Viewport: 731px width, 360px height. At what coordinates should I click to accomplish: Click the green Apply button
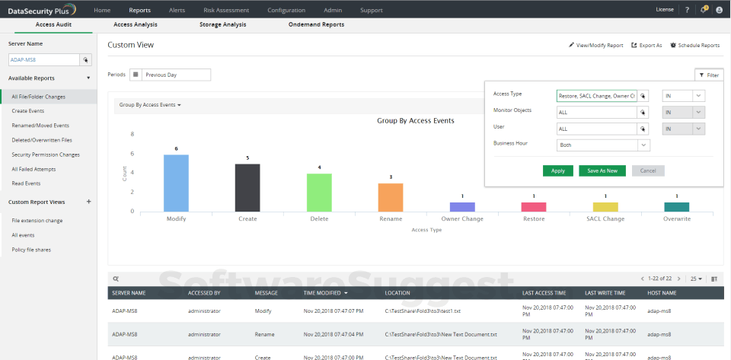click(x=557, y=170)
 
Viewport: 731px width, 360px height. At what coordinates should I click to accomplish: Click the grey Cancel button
click(x=648, y=170)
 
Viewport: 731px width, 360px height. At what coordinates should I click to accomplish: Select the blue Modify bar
click(x=176, y=183)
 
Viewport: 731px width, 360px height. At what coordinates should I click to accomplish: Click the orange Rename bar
click(x=391, y=197)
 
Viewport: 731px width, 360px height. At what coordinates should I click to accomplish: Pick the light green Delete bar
click(x=319, y=192)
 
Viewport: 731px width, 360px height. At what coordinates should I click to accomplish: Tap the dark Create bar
click(x=247, y=187)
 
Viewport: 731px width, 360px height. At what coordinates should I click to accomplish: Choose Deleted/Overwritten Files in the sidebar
click(x=42, y=140)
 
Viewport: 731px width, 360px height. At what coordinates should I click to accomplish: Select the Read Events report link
click(x=26, y=183)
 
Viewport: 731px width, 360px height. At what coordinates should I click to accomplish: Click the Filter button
click(x=708, y=75)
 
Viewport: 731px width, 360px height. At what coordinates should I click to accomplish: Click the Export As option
click(x=646, y=46)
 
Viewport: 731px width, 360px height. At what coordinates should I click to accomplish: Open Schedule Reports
click(x=694, y=46)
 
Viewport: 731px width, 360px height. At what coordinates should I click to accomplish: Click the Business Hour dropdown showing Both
click(x=602, y=145)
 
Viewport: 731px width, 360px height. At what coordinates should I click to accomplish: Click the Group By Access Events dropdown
click(x=150, y=105)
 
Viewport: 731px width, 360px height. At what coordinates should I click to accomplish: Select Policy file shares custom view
click(x=31, y=250)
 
